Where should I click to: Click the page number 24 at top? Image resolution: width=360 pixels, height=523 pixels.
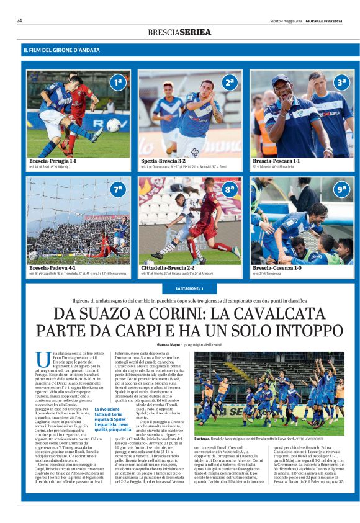click(x=19, y=20)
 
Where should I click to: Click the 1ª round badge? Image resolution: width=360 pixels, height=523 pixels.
click(x=117, y=82)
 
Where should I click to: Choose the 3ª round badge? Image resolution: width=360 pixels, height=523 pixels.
click(x=341, y=82)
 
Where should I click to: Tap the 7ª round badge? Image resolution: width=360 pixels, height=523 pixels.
click(x=117, y=189)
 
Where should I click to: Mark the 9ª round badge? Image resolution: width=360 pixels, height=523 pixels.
click(x=341, y=189)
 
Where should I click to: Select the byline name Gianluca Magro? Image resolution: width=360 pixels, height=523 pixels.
click(x=168, y=344)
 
